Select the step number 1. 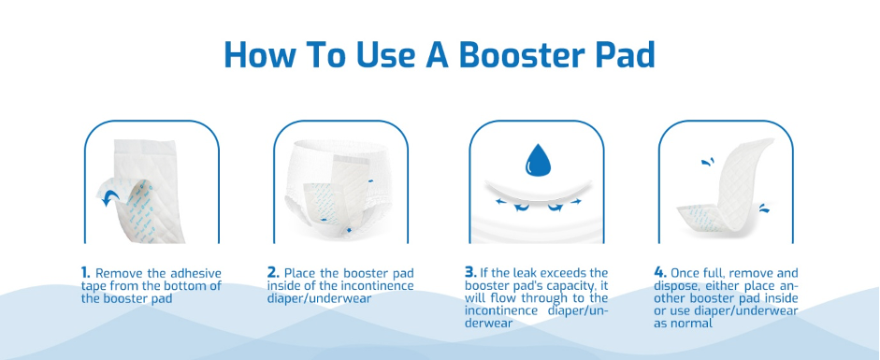86,273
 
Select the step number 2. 273,273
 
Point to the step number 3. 470,273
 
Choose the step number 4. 660,273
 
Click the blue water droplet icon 538,160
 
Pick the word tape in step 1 94,286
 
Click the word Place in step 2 298,274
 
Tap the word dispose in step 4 674,286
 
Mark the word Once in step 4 685,274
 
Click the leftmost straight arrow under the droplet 500,201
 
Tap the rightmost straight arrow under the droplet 576,201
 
